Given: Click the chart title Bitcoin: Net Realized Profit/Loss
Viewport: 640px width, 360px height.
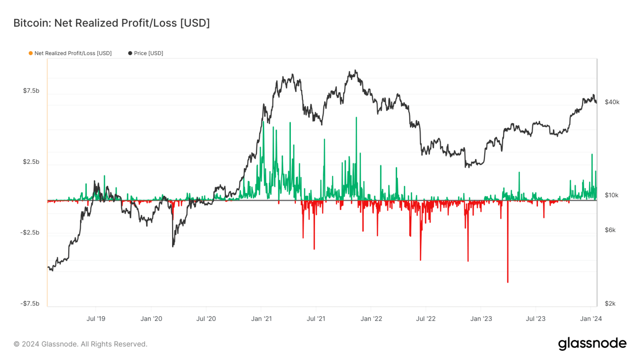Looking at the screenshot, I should [x=111, y=23].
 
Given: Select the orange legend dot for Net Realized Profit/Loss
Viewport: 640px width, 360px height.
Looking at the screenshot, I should [x=30, y=53].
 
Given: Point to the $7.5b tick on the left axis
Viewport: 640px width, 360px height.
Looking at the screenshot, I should [x=31, y=91].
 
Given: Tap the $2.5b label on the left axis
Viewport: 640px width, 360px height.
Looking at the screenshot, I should [x=31, y=162].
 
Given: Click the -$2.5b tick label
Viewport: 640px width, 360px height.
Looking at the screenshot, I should [x=30, y=232].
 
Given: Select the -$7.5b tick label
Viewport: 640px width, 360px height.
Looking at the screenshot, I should [x=30, y=303].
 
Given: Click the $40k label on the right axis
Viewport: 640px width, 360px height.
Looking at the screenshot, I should [x=612, y=102].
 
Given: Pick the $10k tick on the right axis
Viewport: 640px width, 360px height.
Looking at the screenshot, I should [x=611, y=195].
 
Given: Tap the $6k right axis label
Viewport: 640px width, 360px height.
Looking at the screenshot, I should [x=610, y=230].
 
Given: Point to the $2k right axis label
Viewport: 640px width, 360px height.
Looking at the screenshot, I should [x=610, y=303].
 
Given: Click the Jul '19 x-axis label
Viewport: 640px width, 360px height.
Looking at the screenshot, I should [x=96, y=319].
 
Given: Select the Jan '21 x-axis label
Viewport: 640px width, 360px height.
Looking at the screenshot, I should [x=261, y=319].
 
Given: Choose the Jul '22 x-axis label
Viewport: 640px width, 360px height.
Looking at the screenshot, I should [x=425, y=319].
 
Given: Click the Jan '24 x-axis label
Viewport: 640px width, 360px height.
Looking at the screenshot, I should [x=591, y=319].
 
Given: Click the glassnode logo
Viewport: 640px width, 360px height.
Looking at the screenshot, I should [x=592, y=343].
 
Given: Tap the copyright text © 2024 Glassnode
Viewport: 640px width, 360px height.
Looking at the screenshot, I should [x=80, y=344].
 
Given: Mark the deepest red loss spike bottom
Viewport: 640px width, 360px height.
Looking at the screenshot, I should [x=507, y=282].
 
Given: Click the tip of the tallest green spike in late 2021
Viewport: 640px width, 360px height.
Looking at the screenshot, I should [x=356, y=118].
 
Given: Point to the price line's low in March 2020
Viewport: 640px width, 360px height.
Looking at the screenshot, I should [x=173, y=246].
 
